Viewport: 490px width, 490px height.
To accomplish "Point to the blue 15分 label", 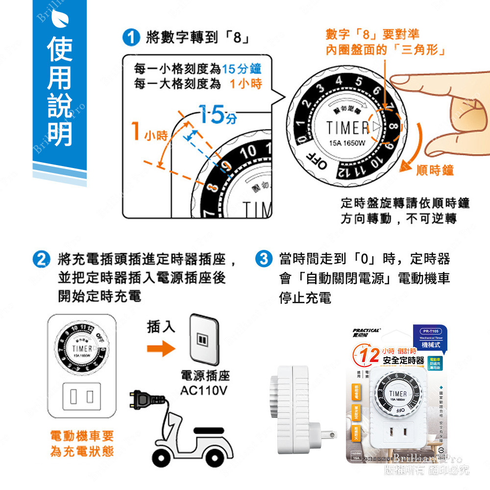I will tap(217, 116).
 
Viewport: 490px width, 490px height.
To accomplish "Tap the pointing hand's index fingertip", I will tap(396, 79).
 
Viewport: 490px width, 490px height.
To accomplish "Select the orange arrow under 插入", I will tap(161, 349).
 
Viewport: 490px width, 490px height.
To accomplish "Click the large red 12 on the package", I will tap(368, 355).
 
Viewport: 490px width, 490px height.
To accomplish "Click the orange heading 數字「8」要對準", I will tap(372, 34).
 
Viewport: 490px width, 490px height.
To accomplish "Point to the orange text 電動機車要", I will tap(82, 435).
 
